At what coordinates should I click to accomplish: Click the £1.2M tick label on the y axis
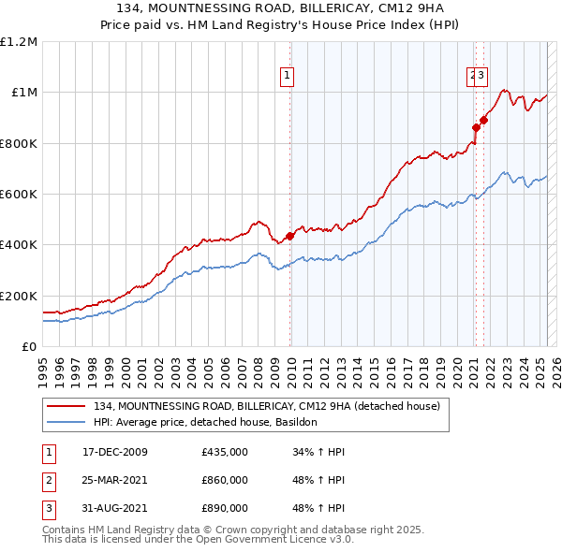pos(19,42)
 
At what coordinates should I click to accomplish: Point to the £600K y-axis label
pos(19,195)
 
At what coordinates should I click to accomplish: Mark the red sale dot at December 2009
pos(289,236)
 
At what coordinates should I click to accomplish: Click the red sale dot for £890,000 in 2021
pos(483,120)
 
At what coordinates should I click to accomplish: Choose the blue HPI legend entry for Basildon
pos(206,422)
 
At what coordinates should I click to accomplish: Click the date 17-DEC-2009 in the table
pos(114,452)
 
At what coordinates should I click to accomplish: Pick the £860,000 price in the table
pos(225,480)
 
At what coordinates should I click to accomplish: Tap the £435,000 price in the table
pos(225,452)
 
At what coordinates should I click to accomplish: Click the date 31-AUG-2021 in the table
pos(114,508)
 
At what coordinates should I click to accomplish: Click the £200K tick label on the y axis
pos(19,296)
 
